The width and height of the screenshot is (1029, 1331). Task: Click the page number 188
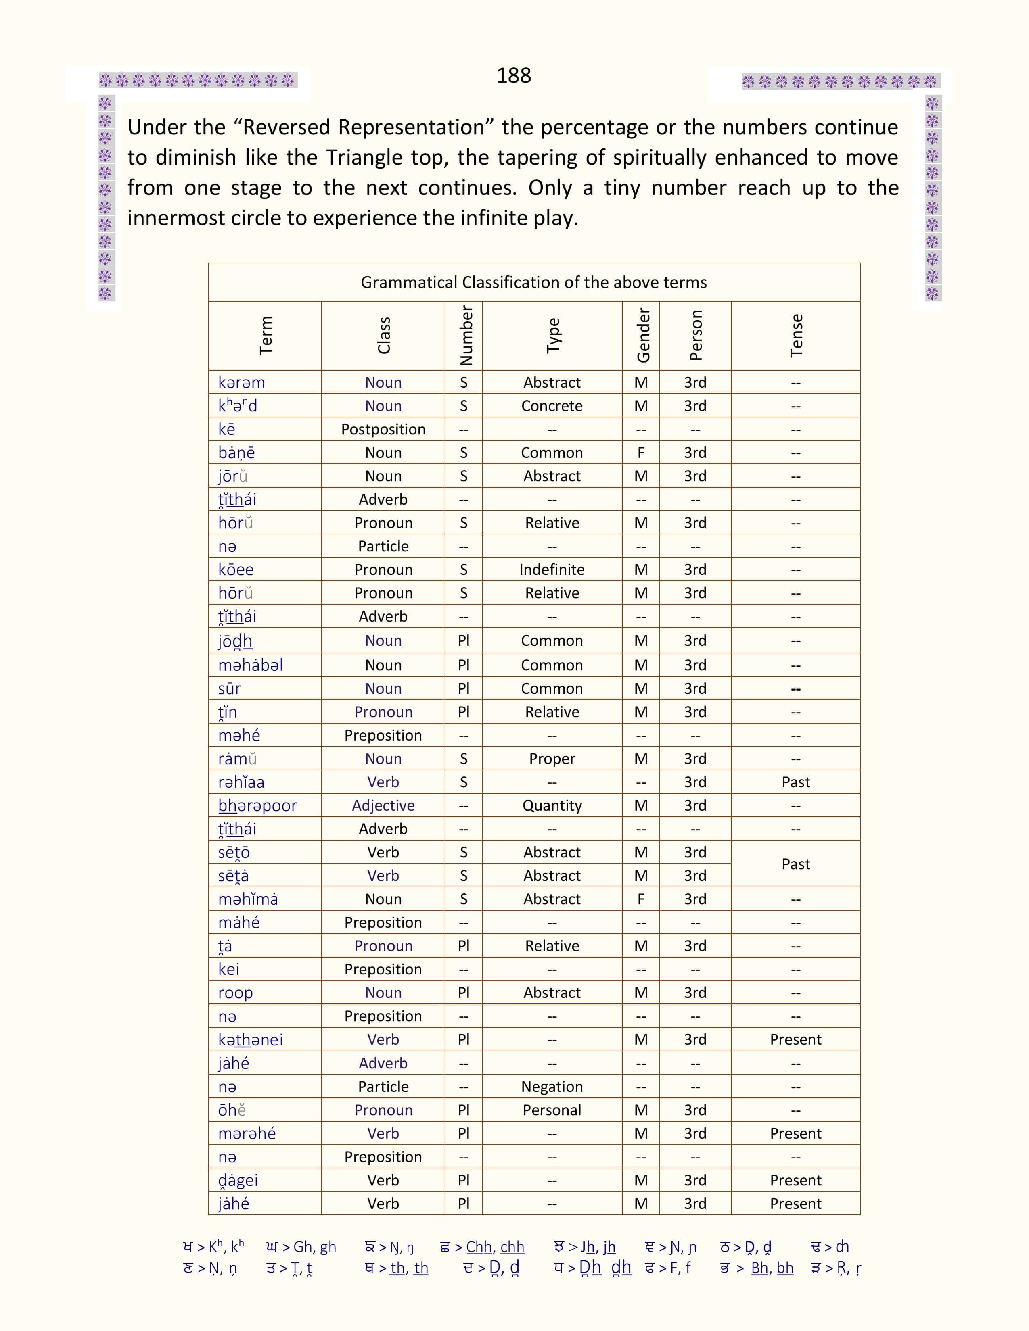pyautogui.click(x=513, y=75)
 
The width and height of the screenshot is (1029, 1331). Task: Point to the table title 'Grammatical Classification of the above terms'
pyautogui.click(x=533, y=282)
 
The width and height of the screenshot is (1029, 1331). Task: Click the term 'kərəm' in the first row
pyautogui.click(x=241, y=383)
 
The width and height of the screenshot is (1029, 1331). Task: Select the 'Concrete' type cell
pyautogui.click(x=552, y=406)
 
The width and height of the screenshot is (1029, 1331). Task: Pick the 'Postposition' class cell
pyautogui.click(x=383, y=430)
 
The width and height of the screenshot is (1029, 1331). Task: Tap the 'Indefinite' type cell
pyautogui.click(x=552, y=570)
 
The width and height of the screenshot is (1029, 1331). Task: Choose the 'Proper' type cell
pyautogui.click(x=552, y=759)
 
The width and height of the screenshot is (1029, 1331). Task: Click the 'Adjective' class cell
pyautogui.click(x=383, y=806)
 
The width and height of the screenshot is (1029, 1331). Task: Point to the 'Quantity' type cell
pyautogui.click(x=552, y=806)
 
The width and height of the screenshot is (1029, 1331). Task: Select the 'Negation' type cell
pyautogui.click(x=552, y=1087)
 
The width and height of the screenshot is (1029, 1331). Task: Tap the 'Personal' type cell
pyautogui.click(x=552, y=1110)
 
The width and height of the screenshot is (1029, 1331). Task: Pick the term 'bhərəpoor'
pyautogui.click(x=257, y=806)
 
